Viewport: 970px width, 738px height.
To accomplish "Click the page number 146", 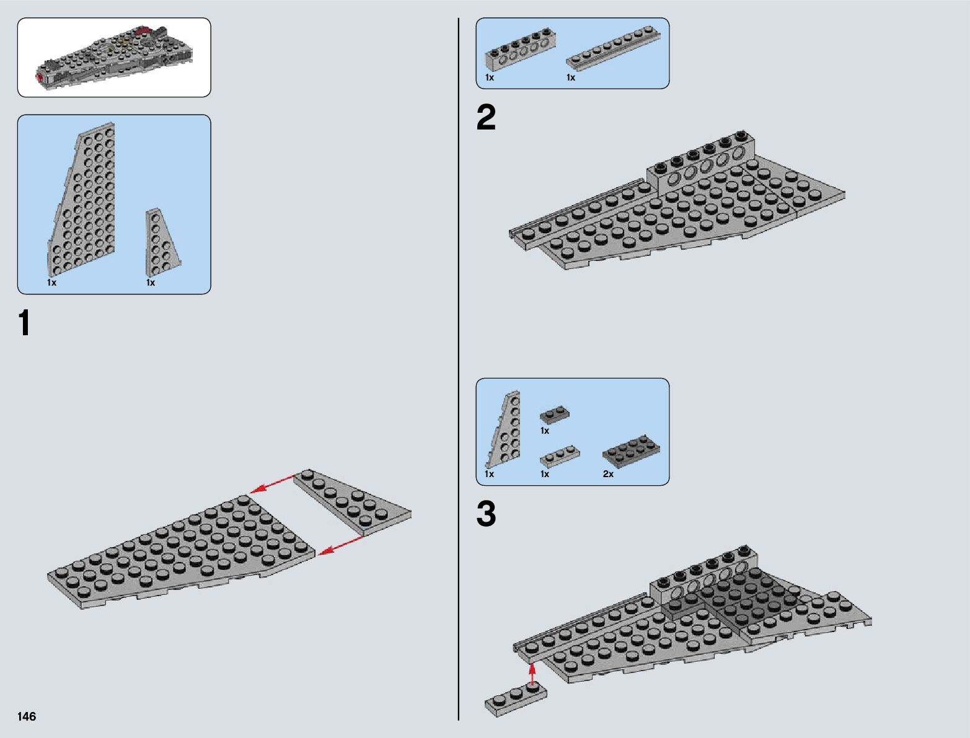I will click(27, 716).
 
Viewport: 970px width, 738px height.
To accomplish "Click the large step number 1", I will click(24, 323).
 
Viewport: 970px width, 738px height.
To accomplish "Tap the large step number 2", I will click(486, 118).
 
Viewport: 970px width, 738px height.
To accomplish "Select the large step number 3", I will click(487, 514).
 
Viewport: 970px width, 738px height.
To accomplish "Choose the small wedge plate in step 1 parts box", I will click(161, 242).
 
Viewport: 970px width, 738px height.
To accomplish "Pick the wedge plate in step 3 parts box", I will click(505, 431).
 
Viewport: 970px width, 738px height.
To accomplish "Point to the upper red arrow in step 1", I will click(272, 485).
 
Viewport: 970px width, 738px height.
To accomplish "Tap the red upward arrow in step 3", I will click(532, 674).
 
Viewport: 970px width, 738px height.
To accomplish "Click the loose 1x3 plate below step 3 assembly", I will click(516, 698).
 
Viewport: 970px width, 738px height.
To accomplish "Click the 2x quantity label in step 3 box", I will click(608, 474).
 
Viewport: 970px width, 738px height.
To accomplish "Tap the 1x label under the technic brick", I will click(490, 77).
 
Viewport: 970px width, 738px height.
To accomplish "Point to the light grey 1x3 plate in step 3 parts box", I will click(560, 457).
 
